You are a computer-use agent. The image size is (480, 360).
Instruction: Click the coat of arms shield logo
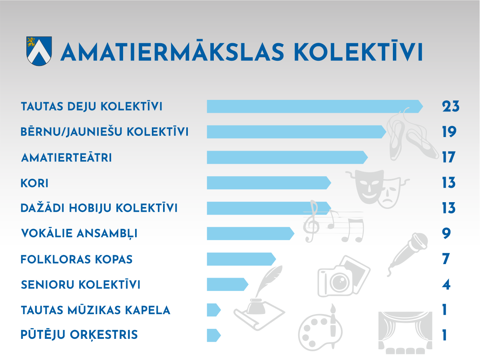(39, 51)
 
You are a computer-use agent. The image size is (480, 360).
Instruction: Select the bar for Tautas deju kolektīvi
(315, 106)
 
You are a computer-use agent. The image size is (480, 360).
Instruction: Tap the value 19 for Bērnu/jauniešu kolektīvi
(449, 131)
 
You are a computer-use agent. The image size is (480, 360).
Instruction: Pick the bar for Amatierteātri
(287, 157)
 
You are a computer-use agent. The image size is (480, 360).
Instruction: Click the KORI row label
(34, 183)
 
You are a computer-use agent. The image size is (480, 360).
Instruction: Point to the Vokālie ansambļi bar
(251, 233)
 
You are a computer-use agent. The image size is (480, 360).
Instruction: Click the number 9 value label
(446, 233)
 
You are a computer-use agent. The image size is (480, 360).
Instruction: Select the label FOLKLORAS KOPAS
(77, 259)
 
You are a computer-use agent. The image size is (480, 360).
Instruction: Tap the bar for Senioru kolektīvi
(228, 284)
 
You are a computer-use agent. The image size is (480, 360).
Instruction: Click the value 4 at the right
(446, 284)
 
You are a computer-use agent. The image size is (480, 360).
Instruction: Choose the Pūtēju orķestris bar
(214, 335)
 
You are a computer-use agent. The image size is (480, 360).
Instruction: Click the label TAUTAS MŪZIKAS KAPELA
(96, 310)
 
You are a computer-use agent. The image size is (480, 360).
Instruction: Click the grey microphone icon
(407, 254)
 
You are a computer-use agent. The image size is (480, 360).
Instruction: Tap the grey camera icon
(344, 276)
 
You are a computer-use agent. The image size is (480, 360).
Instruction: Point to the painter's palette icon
(321, 328)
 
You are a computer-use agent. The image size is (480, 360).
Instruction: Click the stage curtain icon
(405, 333)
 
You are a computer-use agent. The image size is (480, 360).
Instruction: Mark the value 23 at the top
(451, 106)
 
